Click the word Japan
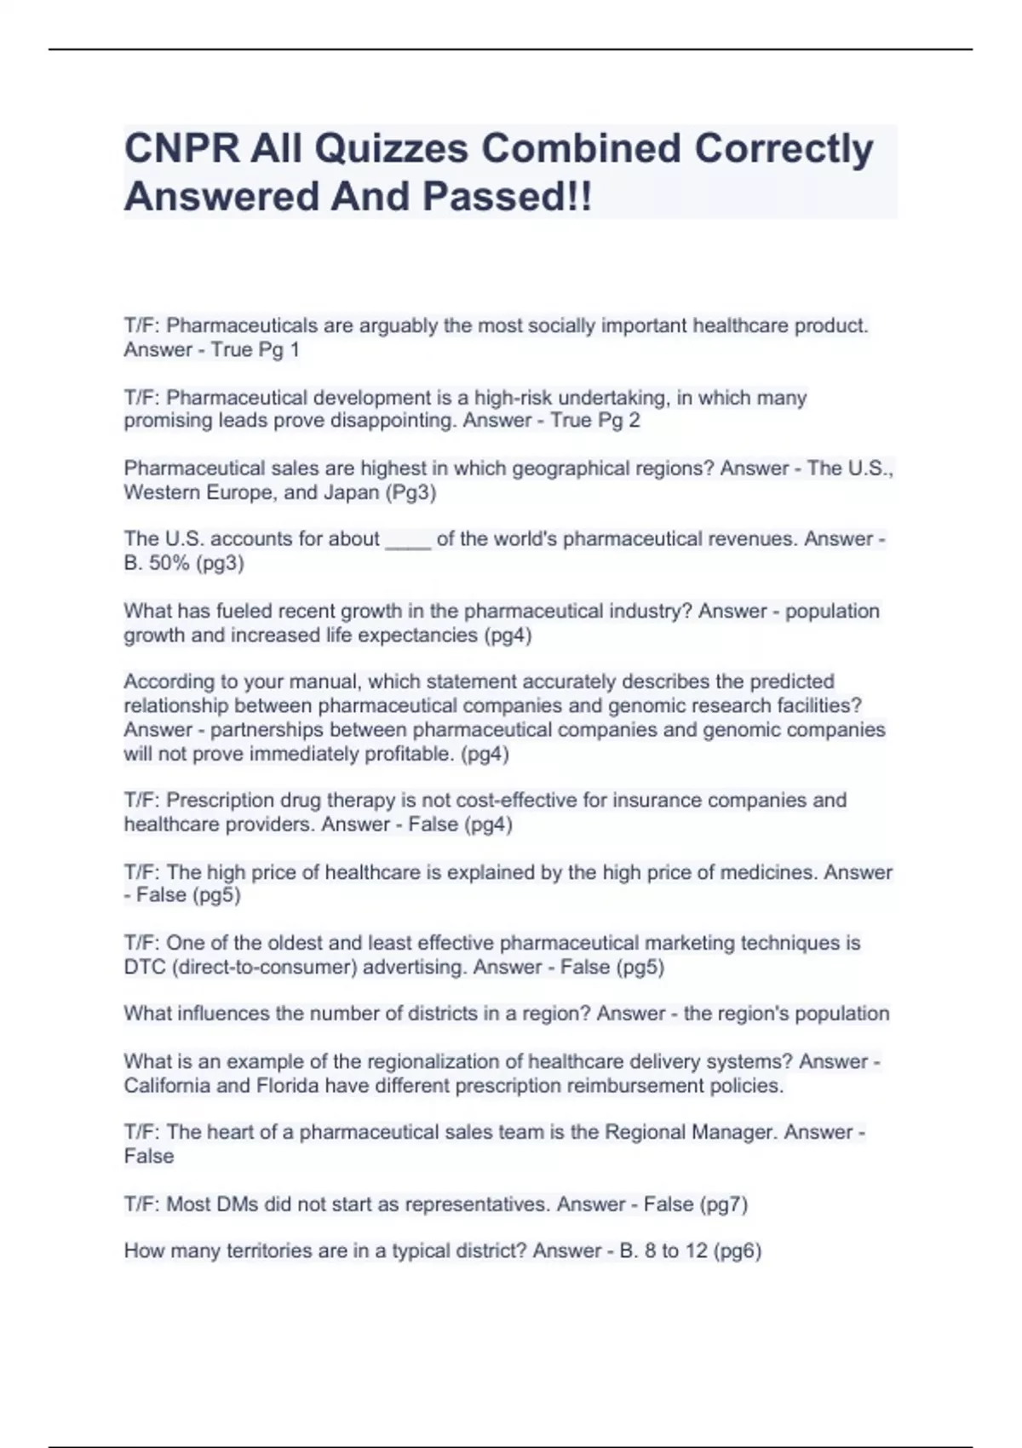coord(351,492)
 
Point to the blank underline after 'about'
coord(408,540)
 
